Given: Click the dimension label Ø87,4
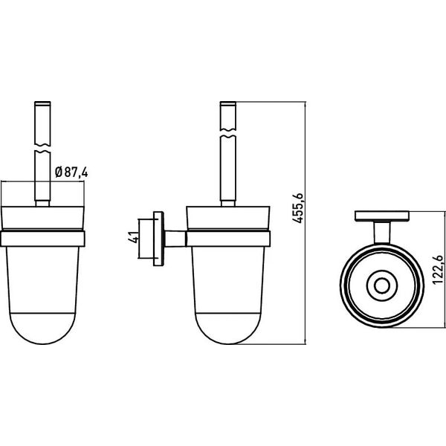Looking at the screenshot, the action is coord(71,172).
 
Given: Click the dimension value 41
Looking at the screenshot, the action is coord(134,238).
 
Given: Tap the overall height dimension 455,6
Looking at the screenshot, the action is coord(298,208).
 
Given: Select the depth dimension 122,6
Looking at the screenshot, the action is coord(438,270).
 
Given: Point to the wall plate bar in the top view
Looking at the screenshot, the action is coord(382,216).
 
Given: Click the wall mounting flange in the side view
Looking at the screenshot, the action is coord(158,239).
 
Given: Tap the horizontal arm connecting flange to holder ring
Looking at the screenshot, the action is coord(175,239).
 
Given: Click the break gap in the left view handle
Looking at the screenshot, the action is coord(42,149).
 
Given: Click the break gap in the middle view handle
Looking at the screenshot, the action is coord(228,133).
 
